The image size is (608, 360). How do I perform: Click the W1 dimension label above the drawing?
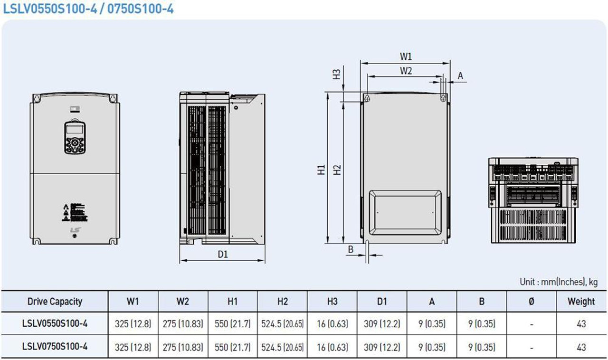[x=406, y=57]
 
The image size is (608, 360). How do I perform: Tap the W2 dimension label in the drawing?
[x=406, y=71]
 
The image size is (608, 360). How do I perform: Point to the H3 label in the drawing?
[x=337, y=75]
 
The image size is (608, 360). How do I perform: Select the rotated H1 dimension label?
[x=322, y=170]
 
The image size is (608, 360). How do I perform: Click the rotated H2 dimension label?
[x=337, y=170]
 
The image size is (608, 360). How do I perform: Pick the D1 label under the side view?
[x=223, y=255]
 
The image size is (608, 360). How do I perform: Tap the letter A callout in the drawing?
[x=460, y=76]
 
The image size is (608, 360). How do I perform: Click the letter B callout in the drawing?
[x=351, y=249]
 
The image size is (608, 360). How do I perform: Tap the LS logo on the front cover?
[x=76, y=230]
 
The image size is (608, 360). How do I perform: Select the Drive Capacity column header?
[x=55, y=302]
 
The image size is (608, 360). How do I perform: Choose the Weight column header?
[x=581, y=302]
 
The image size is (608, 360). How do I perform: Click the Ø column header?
[x=532, y=302]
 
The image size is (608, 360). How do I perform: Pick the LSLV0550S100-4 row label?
[x=55, y=323]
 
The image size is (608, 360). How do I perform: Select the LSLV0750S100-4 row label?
[x=55, y=346]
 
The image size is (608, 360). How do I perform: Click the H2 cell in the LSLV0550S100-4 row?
[x=282, y=323]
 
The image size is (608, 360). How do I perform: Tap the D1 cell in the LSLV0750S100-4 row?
[x=382, y=347]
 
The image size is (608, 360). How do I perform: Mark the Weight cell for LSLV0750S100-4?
[x=581, y=347]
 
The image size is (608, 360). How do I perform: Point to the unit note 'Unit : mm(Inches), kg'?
[x=559, y=282]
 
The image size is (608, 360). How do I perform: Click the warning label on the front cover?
[x=75, y=213]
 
